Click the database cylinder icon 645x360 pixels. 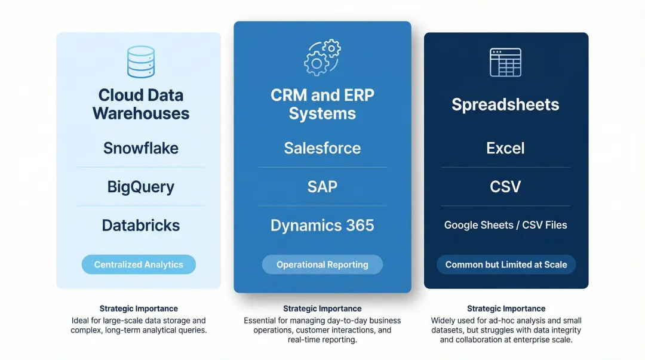pos(141,61)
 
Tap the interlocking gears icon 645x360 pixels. pos(322,57)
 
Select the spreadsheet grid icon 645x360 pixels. pos(505,62)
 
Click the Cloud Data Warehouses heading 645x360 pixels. pos(141,104)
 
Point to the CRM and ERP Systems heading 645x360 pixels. pos(322,104)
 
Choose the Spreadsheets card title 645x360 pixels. pos(505,104)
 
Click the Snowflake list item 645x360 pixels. pos(141,148)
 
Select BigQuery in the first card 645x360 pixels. pos(141,187)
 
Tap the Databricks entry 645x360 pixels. pos(141,225)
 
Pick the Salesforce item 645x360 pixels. pos(322,148)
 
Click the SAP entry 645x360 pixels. pos(322,187)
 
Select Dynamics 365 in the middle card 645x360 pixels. pos(322,225)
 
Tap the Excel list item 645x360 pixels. pos(505,148)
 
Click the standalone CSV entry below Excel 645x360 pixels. pos(505,187)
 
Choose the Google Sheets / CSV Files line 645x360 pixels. pos(505,225)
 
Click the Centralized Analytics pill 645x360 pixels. pos(139,264)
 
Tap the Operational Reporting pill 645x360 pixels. pos(322,264)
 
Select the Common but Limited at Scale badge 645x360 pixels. pos(506,264)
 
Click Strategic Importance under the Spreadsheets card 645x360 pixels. pos(506,309)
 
